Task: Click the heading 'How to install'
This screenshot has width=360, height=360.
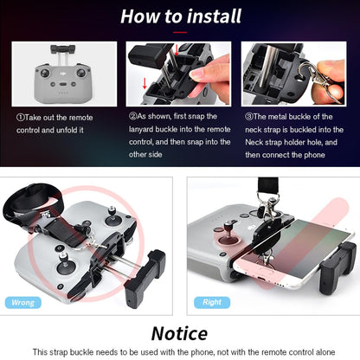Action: pos(179,16)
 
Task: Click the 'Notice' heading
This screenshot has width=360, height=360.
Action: pos(179,333)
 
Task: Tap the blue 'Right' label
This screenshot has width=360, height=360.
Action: pos(212,303)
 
